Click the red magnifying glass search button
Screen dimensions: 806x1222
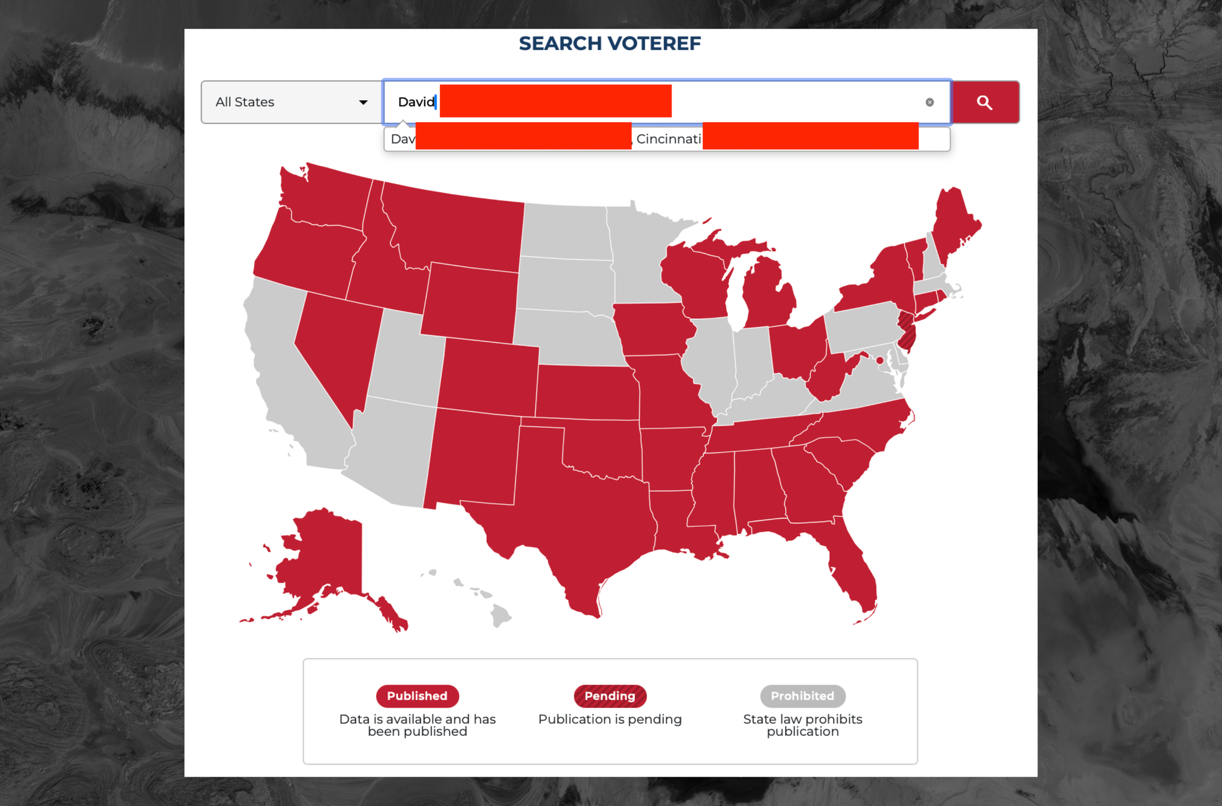pyautogui.click(x=985, y=103)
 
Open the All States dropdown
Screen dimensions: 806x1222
pyautogui.click(x=291, y=103)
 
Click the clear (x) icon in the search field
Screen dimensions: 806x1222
pyautogui.click(x=929, y=103)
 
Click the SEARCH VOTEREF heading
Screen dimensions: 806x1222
pyautogui.click(x=610, y=44)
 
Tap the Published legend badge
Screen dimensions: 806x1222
pyautogui.click(x=417, y=696)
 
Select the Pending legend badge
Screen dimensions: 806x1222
pyautogui.click(x=610, y=696)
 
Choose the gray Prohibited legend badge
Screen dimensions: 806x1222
pyautogui.click(x=802, y=696)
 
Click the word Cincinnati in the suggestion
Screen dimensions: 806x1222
pyautogui.click(x=668, y=139)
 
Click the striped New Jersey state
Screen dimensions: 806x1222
pyautogui.click(x=907, y=333)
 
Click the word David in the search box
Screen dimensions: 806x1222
pyautogui.click(x=416, y=102)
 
